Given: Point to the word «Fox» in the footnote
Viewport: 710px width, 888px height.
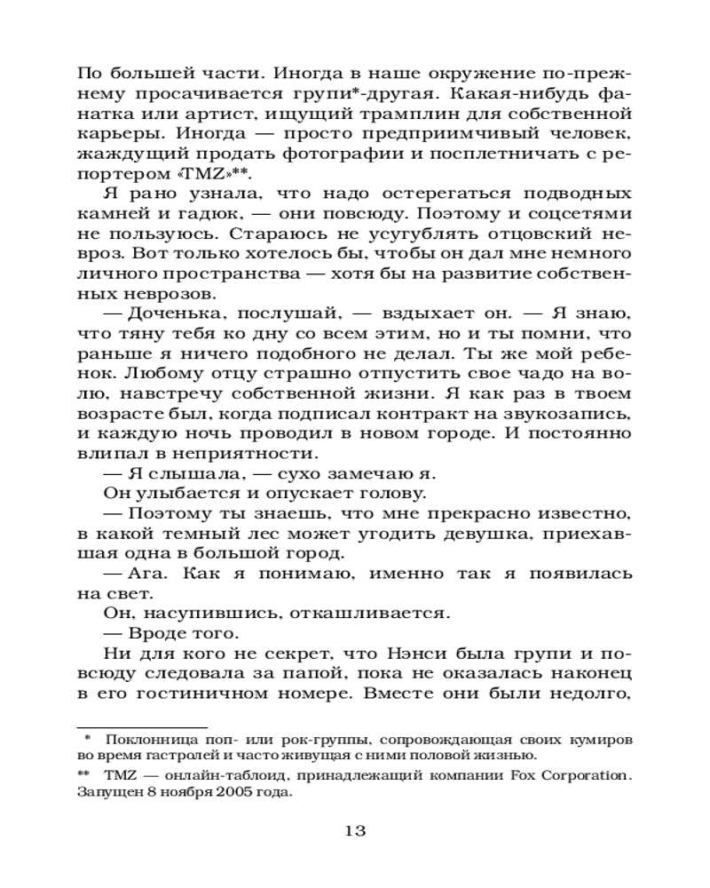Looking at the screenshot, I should click(507, 775).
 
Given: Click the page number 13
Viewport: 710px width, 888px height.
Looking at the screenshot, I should click(354, 832).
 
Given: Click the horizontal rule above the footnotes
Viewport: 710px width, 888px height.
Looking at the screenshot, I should click(142, 726).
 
